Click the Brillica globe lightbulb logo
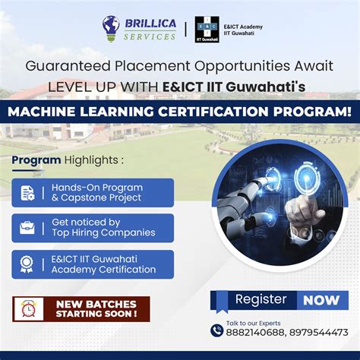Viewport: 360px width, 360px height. point(111,29)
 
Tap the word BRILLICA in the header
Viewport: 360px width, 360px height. point(150,24)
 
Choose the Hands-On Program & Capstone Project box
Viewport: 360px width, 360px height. point(93,193)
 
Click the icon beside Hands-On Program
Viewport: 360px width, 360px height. point(27,193)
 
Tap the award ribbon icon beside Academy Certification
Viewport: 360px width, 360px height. point(27,264)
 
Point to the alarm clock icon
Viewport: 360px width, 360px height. point(29,308)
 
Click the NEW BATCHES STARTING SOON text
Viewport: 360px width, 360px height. point(96,308)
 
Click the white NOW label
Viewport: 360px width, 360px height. point(321,299)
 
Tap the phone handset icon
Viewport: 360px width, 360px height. point(217,330)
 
